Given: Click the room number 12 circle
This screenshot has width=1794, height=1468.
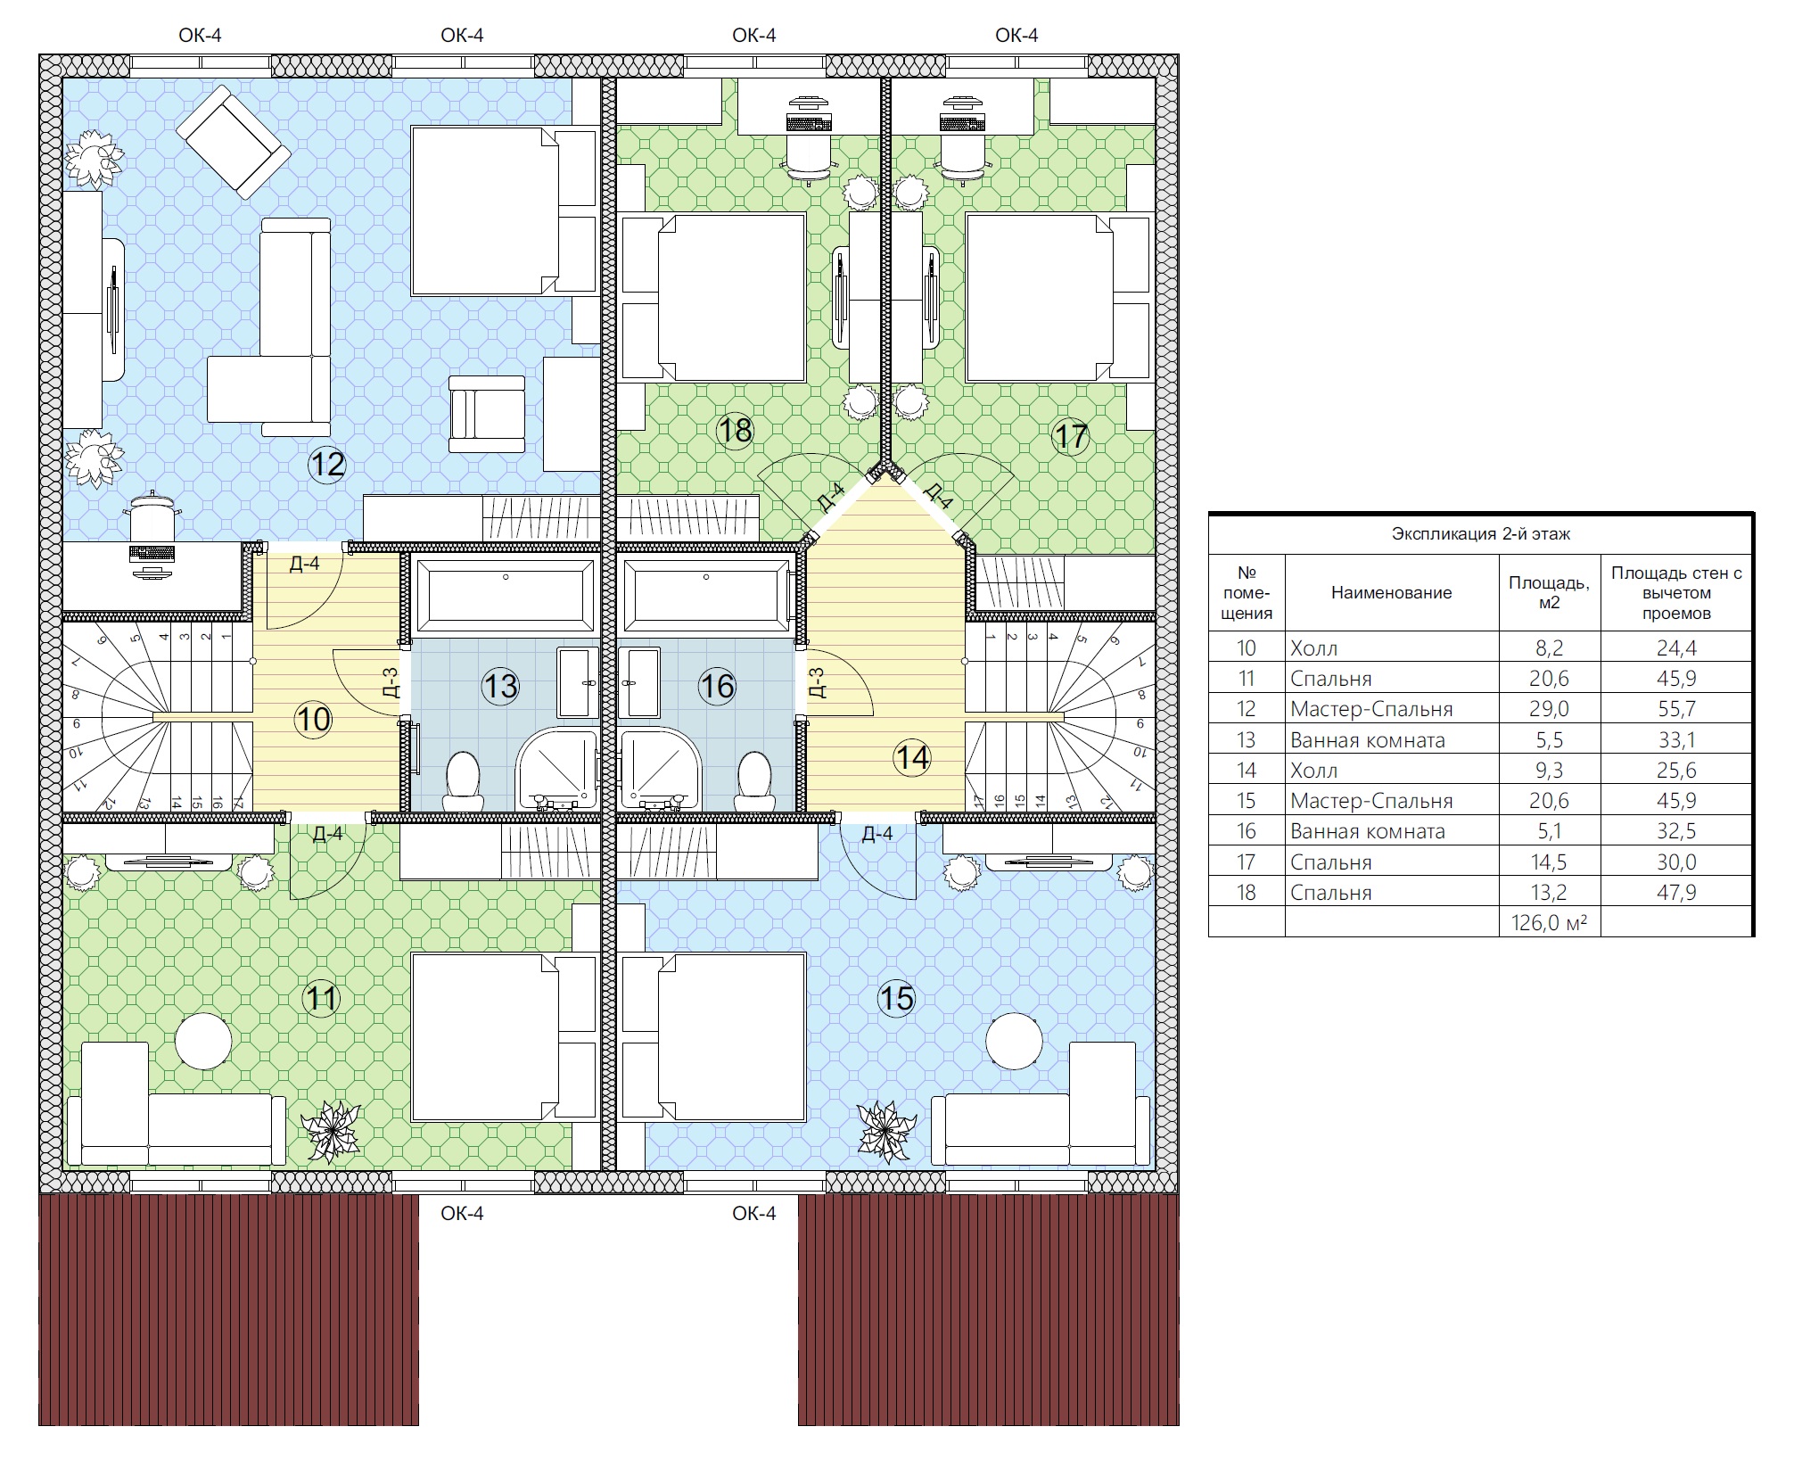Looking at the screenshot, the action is point(327,465).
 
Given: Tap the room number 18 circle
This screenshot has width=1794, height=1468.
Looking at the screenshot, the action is point(736,431).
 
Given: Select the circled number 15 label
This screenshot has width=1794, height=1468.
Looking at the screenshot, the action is point(896,998).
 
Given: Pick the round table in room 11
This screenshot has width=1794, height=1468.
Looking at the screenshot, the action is point(203,1041).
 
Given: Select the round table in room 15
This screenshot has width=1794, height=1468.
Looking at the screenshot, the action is point(1015,1041).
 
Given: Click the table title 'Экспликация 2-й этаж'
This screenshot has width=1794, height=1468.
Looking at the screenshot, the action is point(1481,534).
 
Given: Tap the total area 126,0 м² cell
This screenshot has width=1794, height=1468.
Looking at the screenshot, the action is point(1550,922).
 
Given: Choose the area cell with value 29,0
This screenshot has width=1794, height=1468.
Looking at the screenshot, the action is point(1550,709).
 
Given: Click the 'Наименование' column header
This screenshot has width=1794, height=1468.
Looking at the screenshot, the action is point(1392,592).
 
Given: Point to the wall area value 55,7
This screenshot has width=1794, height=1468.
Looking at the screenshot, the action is point(1676,709).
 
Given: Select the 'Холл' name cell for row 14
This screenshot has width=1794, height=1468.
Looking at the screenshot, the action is point(1314,770).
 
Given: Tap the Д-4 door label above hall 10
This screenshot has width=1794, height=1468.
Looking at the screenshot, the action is point(305,564).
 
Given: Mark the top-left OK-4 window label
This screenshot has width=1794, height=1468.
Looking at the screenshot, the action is point(200,36).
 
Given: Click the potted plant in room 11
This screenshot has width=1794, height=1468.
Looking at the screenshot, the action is point(332,1131).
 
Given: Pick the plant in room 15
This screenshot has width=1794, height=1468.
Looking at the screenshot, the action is point(887,1131).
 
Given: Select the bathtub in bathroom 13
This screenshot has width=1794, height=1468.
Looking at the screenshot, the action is point(506,593).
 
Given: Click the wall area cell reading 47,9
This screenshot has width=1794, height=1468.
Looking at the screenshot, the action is point(1676,892).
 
